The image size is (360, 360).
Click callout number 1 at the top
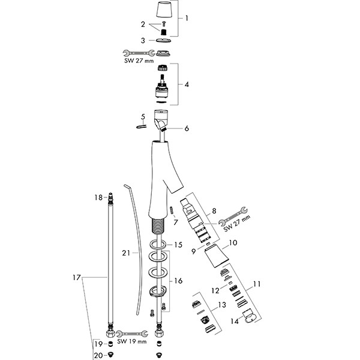[187, 18]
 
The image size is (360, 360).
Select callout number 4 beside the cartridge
[187, 85]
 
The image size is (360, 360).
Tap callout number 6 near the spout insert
[187, 128]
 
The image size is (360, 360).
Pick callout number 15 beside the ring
[178, 245]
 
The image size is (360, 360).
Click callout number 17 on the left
[76, 277]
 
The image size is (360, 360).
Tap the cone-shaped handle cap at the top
[163, 11]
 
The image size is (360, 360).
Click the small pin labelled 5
[142, 127]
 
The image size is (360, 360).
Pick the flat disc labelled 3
[162, 40]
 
